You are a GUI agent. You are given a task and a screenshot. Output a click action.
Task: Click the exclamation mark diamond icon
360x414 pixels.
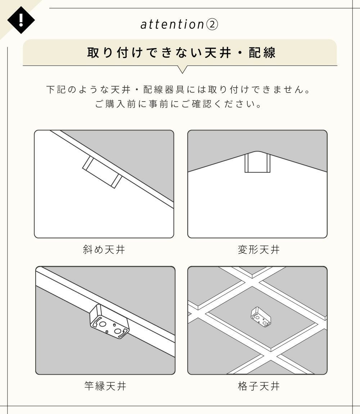(21, 20)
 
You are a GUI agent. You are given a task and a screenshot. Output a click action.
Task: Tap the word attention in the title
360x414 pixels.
(172, 24)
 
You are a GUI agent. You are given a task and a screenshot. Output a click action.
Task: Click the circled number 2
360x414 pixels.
(212, 25)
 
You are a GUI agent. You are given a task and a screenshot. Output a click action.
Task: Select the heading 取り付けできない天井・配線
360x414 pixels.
(181, 53)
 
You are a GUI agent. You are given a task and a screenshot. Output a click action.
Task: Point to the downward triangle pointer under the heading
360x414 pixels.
(182, 69)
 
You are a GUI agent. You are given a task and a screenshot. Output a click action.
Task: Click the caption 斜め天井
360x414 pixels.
(104, 249)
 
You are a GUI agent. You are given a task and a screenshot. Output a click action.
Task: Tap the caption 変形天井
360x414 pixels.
(258, 249)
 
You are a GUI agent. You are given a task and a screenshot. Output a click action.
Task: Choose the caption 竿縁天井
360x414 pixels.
(105, 386)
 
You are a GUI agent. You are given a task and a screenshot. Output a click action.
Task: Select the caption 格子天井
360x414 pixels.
(258, 386)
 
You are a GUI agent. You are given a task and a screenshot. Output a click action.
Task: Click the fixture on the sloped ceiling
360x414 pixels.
(102, 172)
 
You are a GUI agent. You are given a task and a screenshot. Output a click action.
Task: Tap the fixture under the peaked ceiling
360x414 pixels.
(257, 163)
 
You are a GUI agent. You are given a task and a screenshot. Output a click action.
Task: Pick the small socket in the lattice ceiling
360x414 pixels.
(261, 317)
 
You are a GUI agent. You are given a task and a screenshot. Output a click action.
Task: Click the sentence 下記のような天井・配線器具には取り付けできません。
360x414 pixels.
(179, 90)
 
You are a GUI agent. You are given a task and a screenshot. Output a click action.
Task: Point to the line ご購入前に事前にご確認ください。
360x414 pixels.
(179, 104)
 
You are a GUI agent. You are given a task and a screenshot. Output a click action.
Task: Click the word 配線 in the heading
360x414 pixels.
(262, 53)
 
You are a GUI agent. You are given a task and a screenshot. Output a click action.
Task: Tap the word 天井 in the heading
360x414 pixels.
(218, 53)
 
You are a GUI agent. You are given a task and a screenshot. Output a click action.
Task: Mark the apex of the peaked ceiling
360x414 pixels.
(257, 151)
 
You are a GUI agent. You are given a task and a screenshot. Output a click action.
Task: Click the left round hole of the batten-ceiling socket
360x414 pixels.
(103, 324)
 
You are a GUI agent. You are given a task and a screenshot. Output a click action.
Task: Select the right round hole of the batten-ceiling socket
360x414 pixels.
(117, 330)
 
